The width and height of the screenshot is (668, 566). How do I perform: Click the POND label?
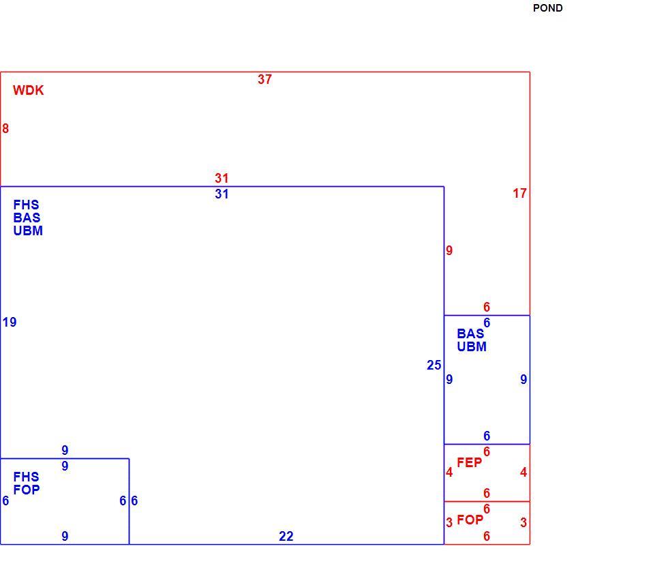pyautogui.click(x=547, y=8)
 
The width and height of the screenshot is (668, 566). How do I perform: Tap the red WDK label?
pyautogui.click(x=28, y=90)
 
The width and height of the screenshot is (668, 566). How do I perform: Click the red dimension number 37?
pyautogui.click(x=264, y=79)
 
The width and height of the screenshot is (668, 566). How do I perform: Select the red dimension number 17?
pyautogui.click(x=519, y=194)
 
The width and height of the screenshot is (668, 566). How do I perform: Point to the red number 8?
pyautogui.click(x=5, y=129)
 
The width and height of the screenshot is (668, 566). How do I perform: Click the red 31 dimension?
pyautogui.click(x=222, y=178)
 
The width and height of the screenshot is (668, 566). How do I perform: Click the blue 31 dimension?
pyautogui.click(x=222, y=194)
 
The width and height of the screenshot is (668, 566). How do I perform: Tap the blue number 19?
pyautogui.click(x=10, y=322)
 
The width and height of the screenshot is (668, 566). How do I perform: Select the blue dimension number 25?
pyautogui.click(x=434, y=366)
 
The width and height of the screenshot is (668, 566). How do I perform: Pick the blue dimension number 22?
pyautogui.click(x=286, y=536)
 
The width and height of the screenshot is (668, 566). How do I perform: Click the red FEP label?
pyautogui.click(x=470, y=462)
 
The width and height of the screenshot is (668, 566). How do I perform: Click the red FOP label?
pyautogui.click(x=470, y=520)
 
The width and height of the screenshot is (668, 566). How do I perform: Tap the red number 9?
pyautogui.click(x=449, y=251)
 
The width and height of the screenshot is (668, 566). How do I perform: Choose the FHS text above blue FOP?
pyautogui.click(x=26, y=477)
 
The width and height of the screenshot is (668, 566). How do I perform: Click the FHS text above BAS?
pyautogui.click(x=26, y=205)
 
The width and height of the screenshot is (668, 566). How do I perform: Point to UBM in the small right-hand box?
pyautogui.click(x=472, y=347)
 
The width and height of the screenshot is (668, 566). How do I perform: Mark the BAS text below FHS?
pyautogui.click(x=27, y=218)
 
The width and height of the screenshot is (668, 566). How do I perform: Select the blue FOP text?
pyautogui.click(x=27, y=490)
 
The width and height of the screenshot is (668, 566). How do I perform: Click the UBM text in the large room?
pyautogui.click(x=28, y=231)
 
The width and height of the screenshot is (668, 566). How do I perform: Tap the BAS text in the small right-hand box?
pyautogui.click(x=470, y=333)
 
